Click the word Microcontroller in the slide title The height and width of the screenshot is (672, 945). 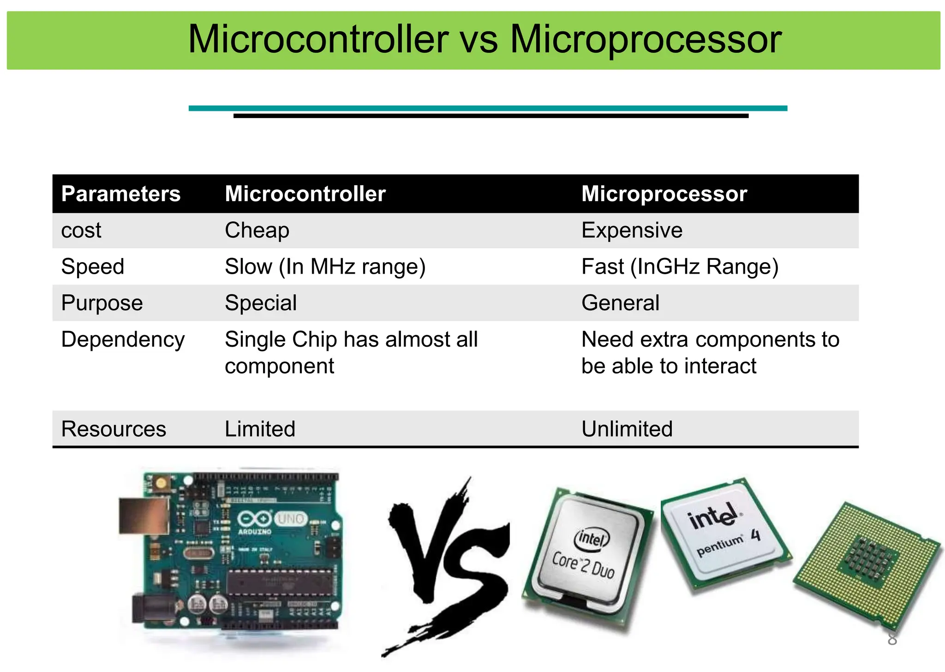click(x=318, y=40)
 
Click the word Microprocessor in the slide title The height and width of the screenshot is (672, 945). click(x=646, y=40)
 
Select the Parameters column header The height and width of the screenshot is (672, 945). click(x=121, y=194)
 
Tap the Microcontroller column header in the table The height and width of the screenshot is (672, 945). click(x=305, y=194)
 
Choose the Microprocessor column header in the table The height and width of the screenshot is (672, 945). click(x=664, y=194)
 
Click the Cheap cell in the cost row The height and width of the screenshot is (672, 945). click(x=257, y=230)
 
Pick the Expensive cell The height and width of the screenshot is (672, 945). click(x=632, y=230)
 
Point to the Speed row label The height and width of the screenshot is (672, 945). click(x=93, y=267)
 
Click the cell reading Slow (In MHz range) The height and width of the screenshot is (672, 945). click(x=325, y=267)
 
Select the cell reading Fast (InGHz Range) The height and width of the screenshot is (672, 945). click(x=680, y=267)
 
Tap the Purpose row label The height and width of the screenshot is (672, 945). click(x=102, y=303)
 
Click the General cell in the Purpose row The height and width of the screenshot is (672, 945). click(x=620, y=303)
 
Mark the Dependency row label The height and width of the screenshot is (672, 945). click(x=123, y=340)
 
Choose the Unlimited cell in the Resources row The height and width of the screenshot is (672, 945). click(x=627, y=429)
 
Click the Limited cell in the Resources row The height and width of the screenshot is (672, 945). click(x=260, y=429)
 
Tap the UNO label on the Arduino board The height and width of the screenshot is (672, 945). click(x=291, y=519)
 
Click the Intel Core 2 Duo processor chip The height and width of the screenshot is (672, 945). click(x=587, y=554)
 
